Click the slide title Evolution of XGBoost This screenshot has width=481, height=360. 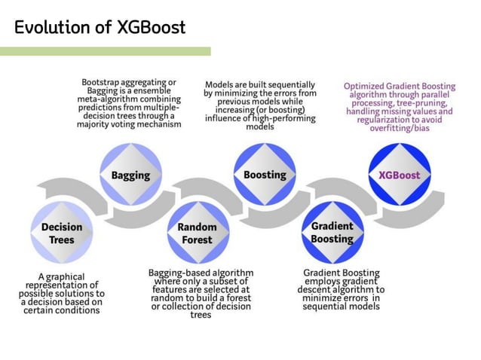tap(100, 28)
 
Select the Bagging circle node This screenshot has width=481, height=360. tap(130, 175)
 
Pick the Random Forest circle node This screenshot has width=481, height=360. tap(197, 233)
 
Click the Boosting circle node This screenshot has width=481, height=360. tap(265, 175)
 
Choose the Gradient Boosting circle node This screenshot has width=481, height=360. tap(332, 233)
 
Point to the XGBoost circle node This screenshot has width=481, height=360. tap(399, 175)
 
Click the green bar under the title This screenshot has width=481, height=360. tap(105, 51)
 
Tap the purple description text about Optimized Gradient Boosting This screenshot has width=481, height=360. tap(399, 107)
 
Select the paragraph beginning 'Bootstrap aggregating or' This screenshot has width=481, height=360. tap(129, 103)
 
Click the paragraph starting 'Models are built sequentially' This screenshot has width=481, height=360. tap(259, 105)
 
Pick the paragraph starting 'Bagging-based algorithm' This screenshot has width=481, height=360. tap(201, 293)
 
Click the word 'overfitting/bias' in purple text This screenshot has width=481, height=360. tap(399, 127)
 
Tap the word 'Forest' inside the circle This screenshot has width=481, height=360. tap(197, 240)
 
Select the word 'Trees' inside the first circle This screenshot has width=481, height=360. tap(62, 240)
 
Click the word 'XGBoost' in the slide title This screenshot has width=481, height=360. tap(151, 28)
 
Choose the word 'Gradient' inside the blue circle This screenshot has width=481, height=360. tap(332, 226)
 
